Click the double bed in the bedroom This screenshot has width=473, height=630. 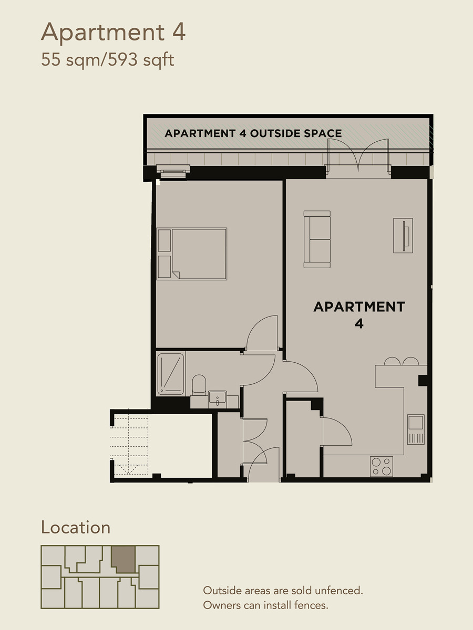pos(192,254)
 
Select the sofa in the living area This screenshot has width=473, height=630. pos(317,239)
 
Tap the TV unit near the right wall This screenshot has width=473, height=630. pos(403,235)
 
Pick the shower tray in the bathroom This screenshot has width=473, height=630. pos(171,374)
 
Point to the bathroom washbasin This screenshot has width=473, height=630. pos(218,399)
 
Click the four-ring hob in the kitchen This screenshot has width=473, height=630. pos(382,466)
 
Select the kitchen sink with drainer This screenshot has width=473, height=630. pos(416,429)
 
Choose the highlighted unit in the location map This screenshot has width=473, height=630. pos(123,560)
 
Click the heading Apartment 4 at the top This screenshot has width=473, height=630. pos(113,33)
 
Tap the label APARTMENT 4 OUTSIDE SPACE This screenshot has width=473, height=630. pos(253,133)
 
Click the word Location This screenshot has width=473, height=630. pos(76,528)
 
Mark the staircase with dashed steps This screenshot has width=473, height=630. pos(129,445)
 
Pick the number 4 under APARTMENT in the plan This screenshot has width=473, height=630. pos(359,324)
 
